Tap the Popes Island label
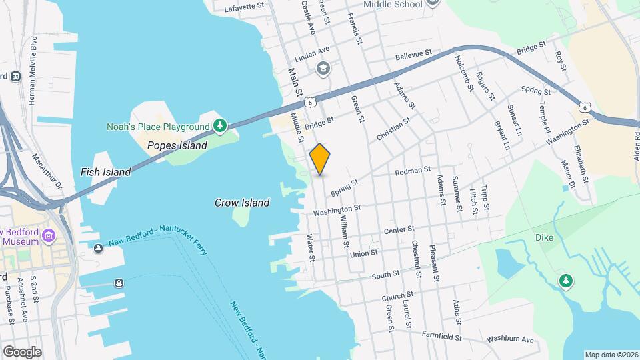point(177,145)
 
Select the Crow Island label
point(241,203)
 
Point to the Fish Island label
point(105,172)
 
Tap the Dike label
point(544,237)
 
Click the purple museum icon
point(48,236)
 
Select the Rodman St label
point(413,172)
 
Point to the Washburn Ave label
point(510,340)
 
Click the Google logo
point(22,351)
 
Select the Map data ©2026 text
point(611,355)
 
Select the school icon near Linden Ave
point(323,67)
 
